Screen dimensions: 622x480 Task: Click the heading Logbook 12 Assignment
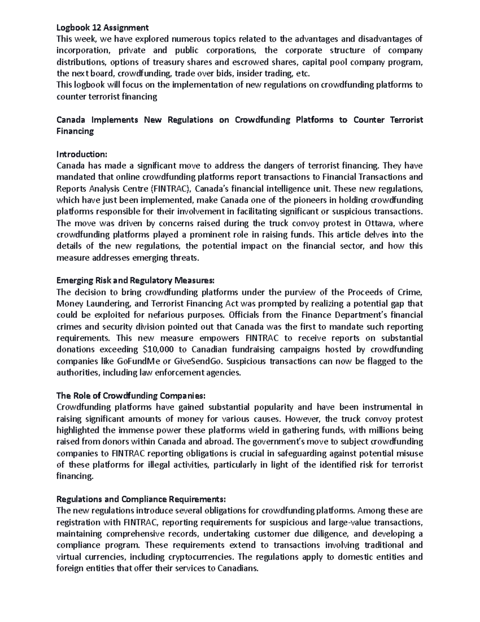(102, 27)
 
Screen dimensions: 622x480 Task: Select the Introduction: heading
(82, 154)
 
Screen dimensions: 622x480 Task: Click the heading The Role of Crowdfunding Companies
(131, 396)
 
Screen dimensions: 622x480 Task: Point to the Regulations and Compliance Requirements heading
(141, 499)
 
